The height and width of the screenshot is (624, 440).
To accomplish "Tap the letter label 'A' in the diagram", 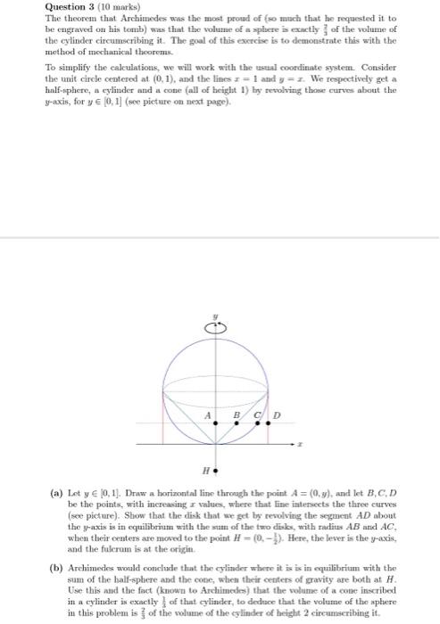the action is point(208,415).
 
